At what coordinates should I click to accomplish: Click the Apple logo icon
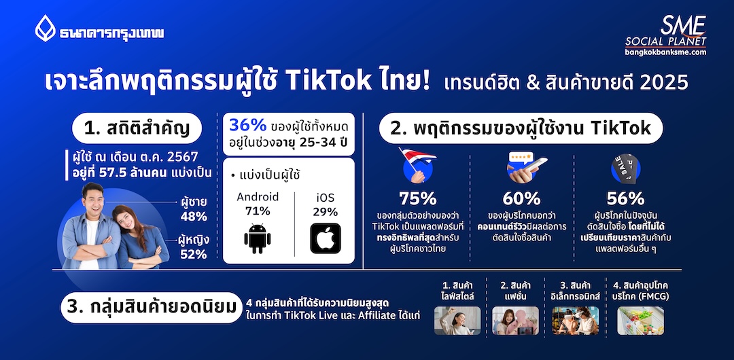coord(326,238)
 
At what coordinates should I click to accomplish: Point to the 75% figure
coord(418,198)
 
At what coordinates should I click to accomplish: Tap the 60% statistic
coord(521,198)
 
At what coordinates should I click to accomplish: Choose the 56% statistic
coord(625,198)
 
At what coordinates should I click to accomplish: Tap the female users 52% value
coord(193,254)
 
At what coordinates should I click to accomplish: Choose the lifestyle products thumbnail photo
coord(457,321)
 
